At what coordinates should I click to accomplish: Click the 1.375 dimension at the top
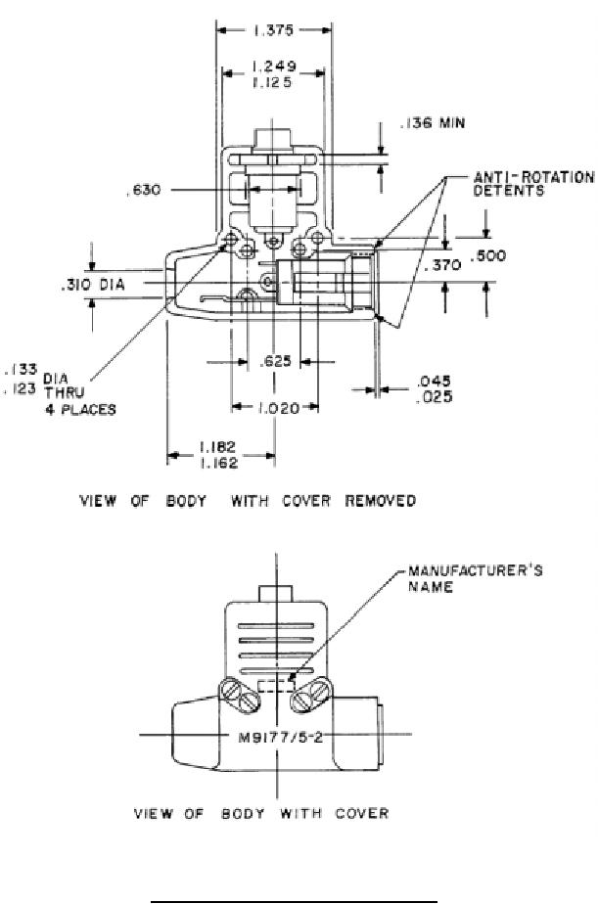(x=273, y=30)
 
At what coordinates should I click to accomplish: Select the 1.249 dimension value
(x=274, y=67)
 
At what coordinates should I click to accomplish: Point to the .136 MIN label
(x=433, y=123)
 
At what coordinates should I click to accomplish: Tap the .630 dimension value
(x=144, y=189)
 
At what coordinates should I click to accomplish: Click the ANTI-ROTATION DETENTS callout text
(x=533, y=184)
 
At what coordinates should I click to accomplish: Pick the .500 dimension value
(x=487, y=255)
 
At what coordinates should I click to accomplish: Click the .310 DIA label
(x=93, y=285)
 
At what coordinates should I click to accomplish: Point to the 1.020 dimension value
(x=278, y=408)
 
